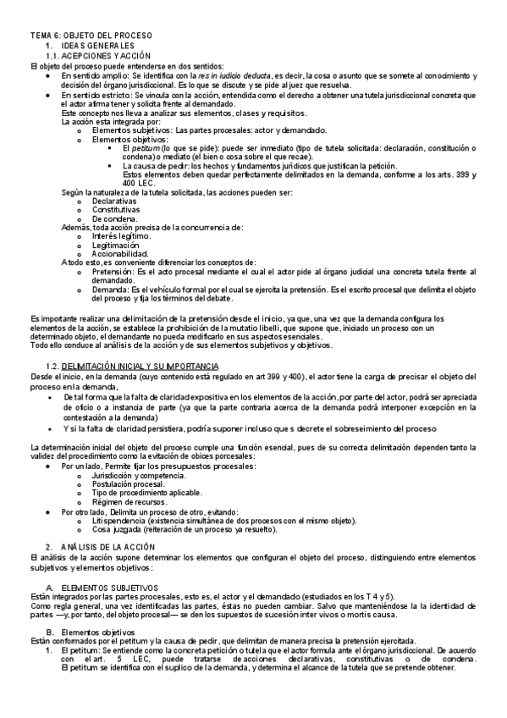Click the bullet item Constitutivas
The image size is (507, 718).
tap(117, 210)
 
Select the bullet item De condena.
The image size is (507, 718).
tap(113, 218)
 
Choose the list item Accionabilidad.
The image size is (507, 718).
tap(120, 253)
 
